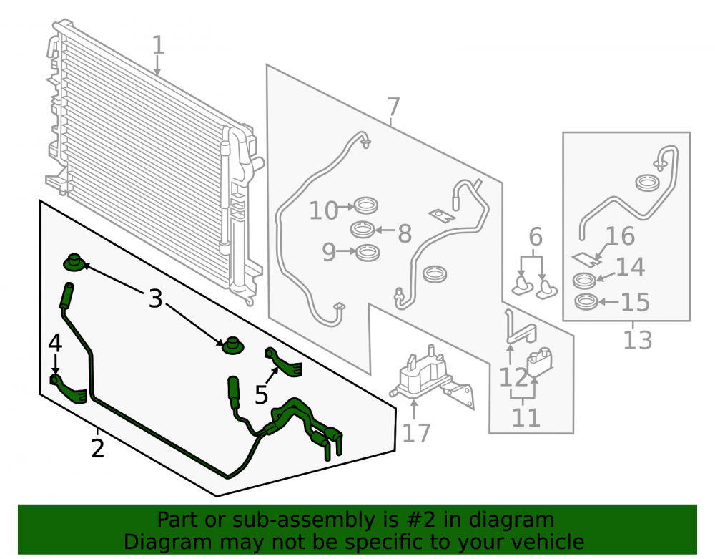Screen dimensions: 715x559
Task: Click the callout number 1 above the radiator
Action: click(x=158, y=45)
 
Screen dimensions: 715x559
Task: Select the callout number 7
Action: click(x=393, y=107)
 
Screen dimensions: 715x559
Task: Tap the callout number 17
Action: click(x=416, y=433)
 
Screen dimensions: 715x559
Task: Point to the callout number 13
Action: click(x=638, y=340)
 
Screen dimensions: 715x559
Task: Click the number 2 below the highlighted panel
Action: click(x=97, y=449)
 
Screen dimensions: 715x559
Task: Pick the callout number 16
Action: click(x=621, y=236)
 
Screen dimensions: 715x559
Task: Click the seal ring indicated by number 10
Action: click(x=366, y=205)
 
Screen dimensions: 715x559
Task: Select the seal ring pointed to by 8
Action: click(x=363, y=229)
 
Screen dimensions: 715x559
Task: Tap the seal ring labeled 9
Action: click(x=368, y=253)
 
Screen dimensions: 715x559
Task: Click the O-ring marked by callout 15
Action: click(x=586, y=301)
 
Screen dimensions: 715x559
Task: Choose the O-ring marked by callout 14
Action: click(x=584, y=280)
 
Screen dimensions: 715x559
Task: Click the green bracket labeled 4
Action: click(x=69, y=389)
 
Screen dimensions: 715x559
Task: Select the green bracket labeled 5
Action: click(x=284, y=363)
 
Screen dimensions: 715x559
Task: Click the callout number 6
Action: click(x=536, y=237)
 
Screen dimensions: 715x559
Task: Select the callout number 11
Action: click(x=526, y=417)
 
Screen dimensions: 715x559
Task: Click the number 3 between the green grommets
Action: click(x=155, y=299)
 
